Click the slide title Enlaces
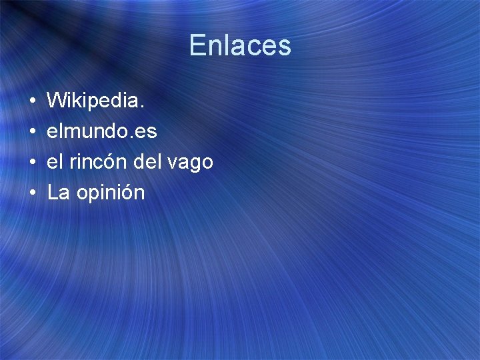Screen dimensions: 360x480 [x=240, y=45]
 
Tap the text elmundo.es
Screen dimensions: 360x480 [x=102, y=131]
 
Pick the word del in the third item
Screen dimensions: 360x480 [x=149, y=162]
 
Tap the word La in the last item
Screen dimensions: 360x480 [x=58, y=193]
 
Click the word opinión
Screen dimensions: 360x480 [x=110, y=194]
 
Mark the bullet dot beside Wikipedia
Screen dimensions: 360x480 [x=32, y=102]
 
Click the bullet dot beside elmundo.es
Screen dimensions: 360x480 [x=32, y=132]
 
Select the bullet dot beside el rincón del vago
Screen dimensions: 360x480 [x=32, y=163]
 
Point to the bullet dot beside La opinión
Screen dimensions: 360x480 [x=32, y=193]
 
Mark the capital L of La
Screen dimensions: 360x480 [x=53, y=193]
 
